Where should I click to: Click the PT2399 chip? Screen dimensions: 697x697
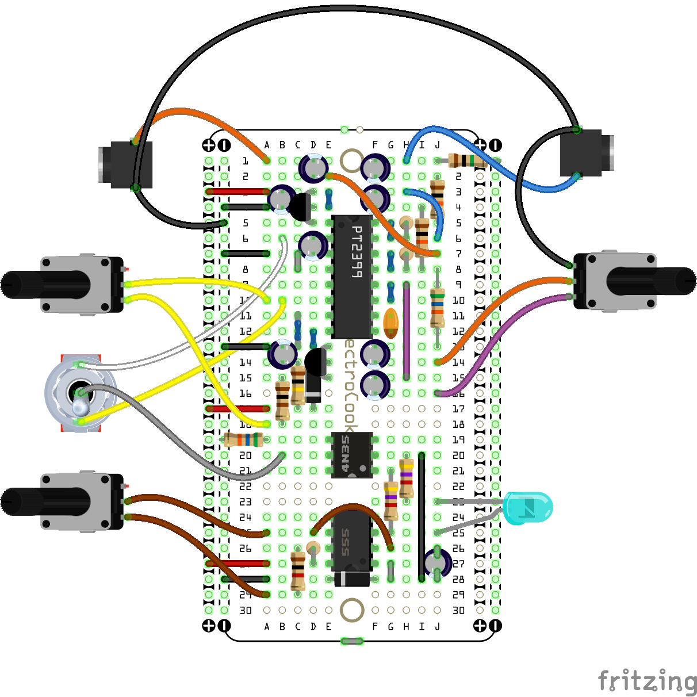tap(352, 276)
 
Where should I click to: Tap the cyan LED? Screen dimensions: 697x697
tap(529, 508)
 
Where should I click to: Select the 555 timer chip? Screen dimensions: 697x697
tap(352, 541)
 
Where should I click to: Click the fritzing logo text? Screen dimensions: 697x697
tap(647, 681)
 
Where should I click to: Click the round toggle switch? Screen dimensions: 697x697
tap(81, 394)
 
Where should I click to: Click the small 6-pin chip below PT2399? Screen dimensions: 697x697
tap(352, 454)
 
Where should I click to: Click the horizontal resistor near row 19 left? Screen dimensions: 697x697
tap(243, 440)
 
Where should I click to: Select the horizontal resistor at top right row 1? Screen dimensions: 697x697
tap(467, 160)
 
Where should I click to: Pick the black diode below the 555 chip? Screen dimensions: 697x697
tap(352, 579)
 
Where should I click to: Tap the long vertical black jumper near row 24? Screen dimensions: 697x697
tap(422, 518)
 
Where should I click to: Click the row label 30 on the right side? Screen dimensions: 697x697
tap(458, 610)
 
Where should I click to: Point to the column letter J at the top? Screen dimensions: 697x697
tap(438, 145)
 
